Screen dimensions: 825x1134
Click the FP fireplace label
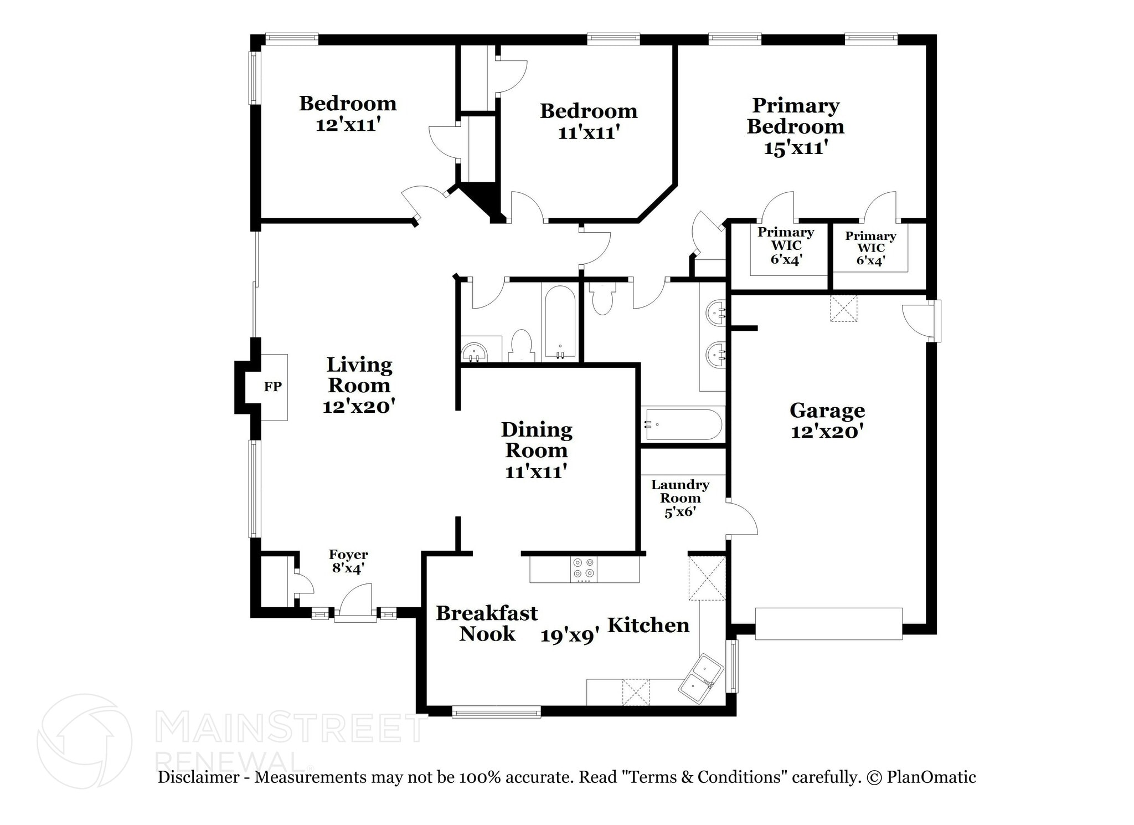pos(272,387)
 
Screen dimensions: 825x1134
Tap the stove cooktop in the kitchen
pos(584,568)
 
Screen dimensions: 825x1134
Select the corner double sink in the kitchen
pos(701,678)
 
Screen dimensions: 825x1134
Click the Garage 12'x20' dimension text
pos(827,432)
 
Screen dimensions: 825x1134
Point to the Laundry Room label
pos(680,491)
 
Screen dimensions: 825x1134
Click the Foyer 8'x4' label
pos(348,561)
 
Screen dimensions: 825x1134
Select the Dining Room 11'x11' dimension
pos(536,472)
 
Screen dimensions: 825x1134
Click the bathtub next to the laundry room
pos(683,424)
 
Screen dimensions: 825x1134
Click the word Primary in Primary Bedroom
pos(796,105)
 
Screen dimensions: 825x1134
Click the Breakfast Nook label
pos(487,623)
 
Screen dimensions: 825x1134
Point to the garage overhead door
pos(828,624)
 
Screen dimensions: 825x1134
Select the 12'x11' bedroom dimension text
pos(348,125)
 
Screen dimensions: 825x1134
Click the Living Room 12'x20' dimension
pos(359,406)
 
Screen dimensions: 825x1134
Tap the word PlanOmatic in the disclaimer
pos(931,777)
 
